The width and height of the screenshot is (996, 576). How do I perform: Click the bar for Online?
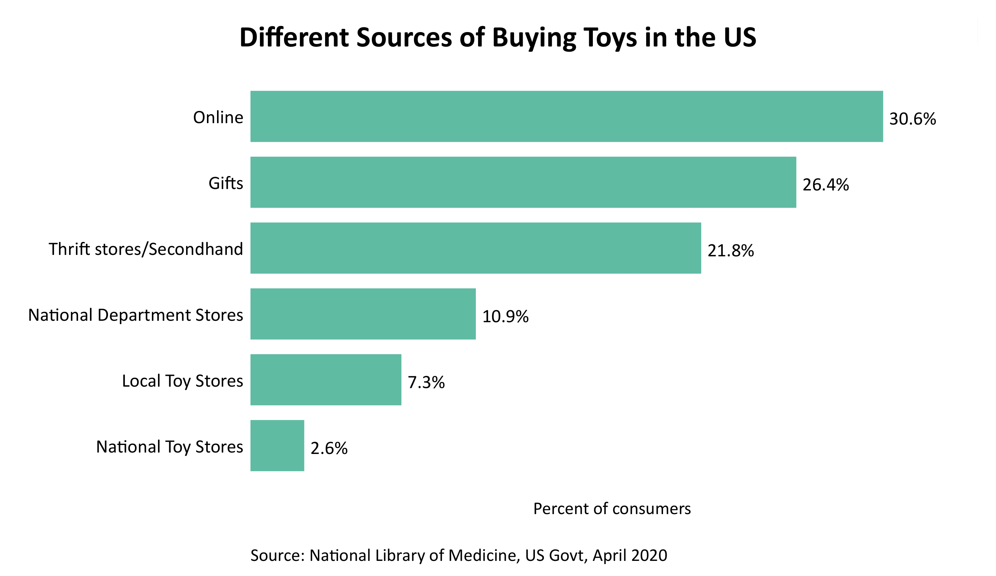coord(566,116)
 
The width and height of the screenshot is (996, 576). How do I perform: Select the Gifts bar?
coord(523,182)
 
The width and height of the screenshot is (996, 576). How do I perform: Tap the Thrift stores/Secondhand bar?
coord(476,248)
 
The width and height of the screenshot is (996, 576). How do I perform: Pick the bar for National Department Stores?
coord(363,314)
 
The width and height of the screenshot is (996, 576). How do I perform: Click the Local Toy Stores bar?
coord(326,379)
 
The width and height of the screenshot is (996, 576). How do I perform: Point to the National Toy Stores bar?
coord(277,446)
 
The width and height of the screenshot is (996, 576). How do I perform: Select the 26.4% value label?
coord(825,185)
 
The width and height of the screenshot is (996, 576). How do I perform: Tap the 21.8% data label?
coord(730,251)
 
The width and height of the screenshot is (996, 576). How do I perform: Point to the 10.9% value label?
coord(505,317)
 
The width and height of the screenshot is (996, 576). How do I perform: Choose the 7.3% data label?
coord(426,382)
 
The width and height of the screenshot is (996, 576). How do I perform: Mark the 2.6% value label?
coord(329,448)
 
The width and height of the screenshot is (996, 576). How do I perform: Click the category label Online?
coord(218,117)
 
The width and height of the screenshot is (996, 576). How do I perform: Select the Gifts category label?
coord(225,183)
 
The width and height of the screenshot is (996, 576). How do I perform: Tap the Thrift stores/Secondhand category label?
coord(145,249)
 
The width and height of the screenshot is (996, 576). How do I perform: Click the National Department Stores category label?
coord(136,315)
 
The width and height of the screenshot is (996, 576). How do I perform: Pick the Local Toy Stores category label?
coord(182,381)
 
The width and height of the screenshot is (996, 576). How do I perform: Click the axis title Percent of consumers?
coord(612,509)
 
